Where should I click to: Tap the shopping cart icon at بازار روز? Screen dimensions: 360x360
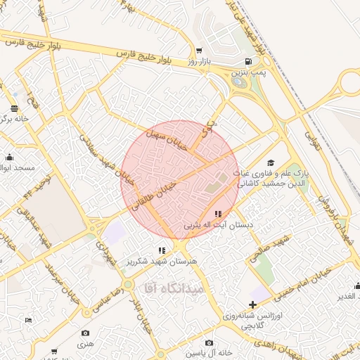(x=200, y=51)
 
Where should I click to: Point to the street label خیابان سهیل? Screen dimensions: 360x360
(x=167, y=139)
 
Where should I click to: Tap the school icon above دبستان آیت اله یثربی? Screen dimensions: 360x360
(x=217, y=214)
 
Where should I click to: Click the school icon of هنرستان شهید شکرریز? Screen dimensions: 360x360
(x=162, y=250)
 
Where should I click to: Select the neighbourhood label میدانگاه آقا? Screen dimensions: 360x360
(x=173, y=288)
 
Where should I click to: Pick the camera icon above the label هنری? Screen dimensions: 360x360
(x=85, y=333)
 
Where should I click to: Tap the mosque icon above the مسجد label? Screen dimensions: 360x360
(x=9, y=157)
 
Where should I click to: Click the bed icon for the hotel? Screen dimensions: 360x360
(x=28, y=321)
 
